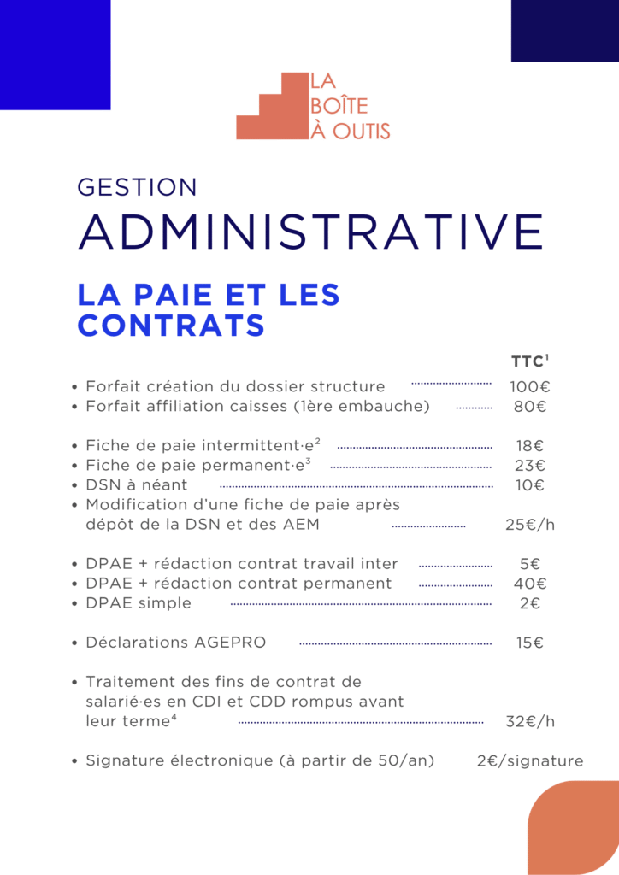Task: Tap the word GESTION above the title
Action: coord(137,187)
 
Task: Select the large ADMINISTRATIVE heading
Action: coord(310,231)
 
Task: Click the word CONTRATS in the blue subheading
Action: coord(171,326)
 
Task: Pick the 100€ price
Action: coord(530,386)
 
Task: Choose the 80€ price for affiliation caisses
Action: coord(530,406)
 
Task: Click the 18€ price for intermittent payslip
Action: coord(530,445)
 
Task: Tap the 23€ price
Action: coord(530,466)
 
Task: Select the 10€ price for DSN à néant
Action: coord(530,485)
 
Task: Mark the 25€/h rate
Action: coord(530,525)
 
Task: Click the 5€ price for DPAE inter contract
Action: coord(530,564)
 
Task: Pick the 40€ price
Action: coord(530,584)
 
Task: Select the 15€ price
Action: coord(530,643)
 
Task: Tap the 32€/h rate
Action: coord(530,721)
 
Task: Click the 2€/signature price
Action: coord(530,760)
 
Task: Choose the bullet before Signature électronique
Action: coord(76,761)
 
